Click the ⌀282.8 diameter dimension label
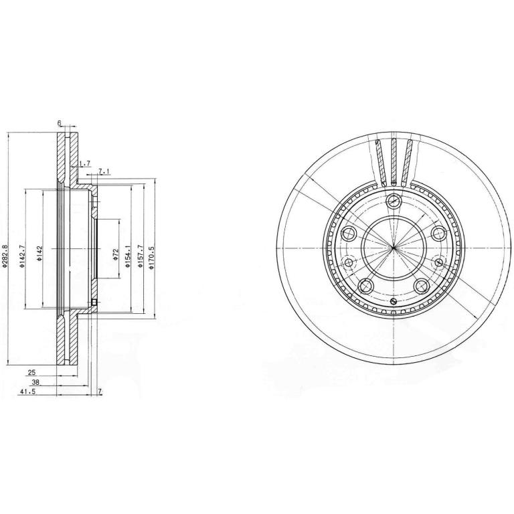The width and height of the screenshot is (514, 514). pos(4,248)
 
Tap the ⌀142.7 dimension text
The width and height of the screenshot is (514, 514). pos(22,248)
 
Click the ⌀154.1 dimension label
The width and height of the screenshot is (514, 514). pos(128,248)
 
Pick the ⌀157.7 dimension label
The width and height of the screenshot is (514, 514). pos(140,248)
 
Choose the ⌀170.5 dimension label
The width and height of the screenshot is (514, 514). pos(151,248)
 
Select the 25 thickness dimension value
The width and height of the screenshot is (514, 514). pos(31,372)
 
